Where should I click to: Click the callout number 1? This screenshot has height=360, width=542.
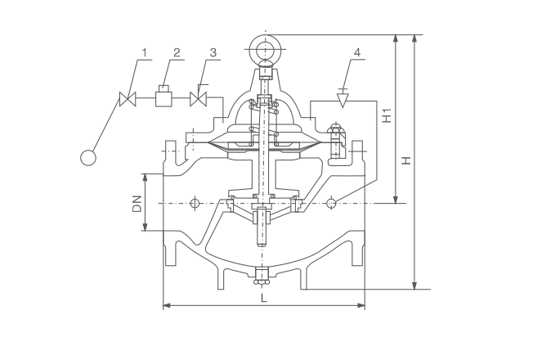tap(145, 52)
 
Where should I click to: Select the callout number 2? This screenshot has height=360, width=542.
tap(177, 52)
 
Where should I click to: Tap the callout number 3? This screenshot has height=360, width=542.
tap(213, 52)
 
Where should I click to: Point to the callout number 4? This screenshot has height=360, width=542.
tap(357, 52)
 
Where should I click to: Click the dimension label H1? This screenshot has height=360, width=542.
tap(387, 115)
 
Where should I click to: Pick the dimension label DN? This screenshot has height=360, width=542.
tap(137, 204)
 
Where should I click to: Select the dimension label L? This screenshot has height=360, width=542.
tap(264, 298)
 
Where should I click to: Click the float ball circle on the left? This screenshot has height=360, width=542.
tap(88, 158)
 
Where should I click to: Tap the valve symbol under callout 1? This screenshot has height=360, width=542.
tap(128, 99)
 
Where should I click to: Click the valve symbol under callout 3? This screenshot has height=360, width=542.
tap(199, 98)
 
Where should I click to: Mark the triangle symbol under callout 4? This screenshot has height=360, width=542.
tap(343, 100)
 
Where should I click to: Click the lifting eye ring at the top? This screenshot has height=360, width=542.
tap(266, 49)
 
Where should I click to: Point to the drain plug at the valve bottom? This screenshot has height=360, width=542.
tap(262, 277)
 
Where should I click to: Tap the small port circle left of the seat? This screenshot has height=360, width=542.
tap(195, 204)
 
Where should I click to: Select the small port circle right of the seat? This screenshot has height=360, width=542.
tap(331, 204)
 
